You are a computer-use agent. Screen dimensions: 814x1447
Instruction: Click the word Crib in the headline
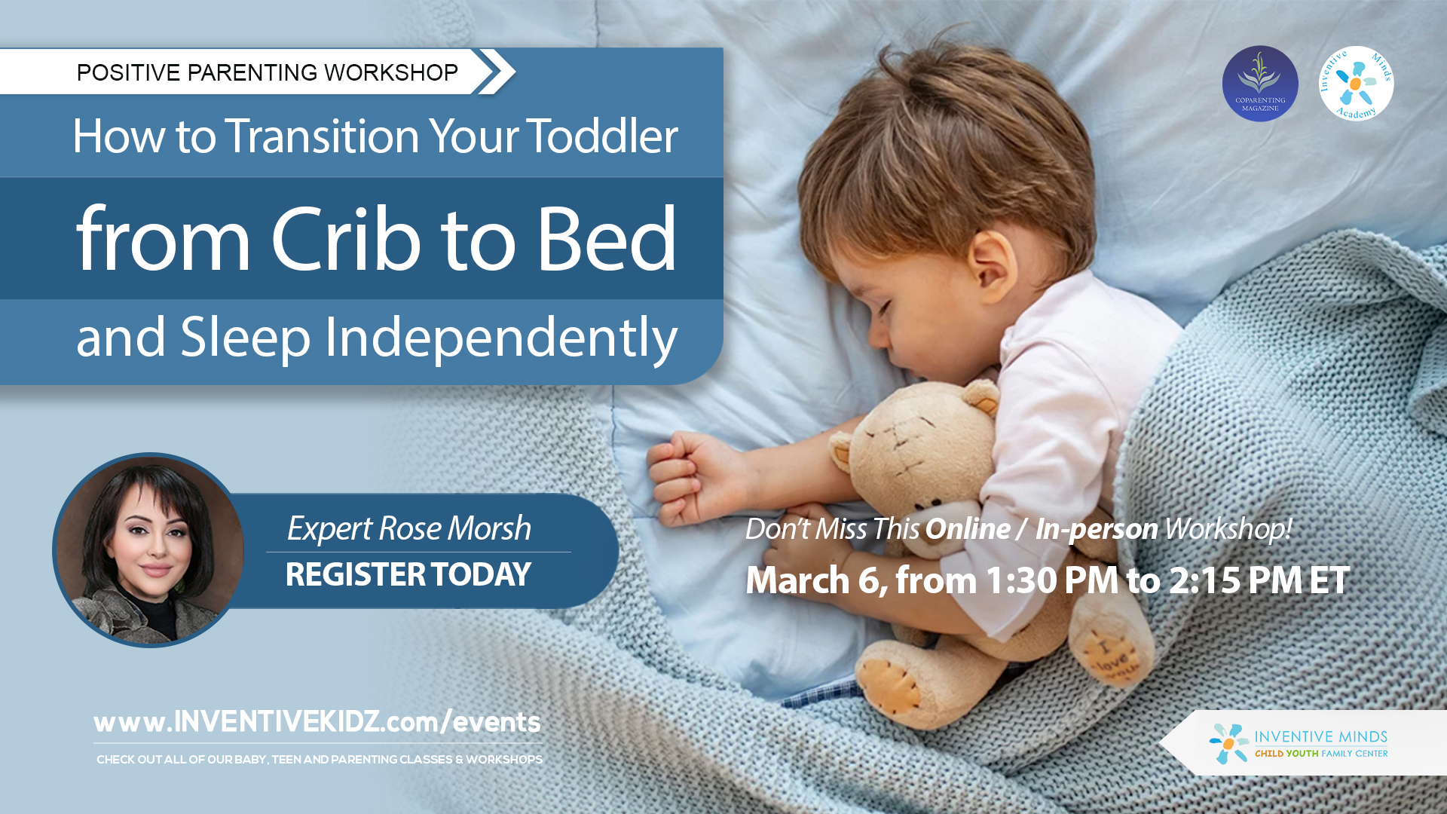[x=345, y=240]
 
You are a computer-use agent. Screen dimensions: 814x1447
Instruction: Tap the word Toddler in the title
[x=602, y=136]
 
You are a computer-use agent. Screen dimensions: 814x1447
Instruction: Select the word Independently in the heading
[x=501, y=338]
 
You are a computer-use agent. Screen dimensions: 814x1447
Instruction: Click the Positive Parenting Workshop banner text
[x=268, y=72]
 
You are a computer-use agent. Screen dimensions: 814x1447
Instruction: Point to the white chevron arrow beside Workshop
[x=496, y=72]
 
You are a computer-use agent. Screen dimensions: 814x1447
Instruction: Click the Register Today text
[x=408, y=575]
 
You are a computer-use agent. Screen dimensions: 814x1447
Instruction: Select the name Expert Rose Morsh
[x=408, y=528]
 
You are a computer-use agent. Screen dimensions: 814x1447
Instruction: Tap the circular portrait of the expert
[x=149, y=550]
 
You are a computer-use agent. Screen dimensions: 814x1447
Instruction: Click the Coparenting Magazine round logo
[x=1259, y=84]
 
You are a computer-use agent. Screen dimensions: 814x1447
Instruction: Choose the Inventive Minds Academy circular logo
[x=1356, y=84]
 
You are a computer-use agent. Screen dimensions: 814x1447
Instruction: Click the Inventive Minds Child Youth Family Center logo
[x=1299, y=744]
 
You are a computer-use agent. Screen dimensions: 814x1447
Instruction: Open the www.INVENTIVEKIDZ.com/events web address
[x=317, y=722]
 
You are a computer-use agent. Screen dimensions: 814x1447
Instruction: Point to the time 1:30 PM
[x=1051, y=580]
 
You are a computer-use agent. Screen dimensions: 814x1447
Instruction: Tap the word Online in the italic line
[x=968, y=529]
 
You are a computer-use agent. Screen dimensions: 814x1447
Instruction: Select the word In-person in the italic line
[x=1097, y=529]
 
